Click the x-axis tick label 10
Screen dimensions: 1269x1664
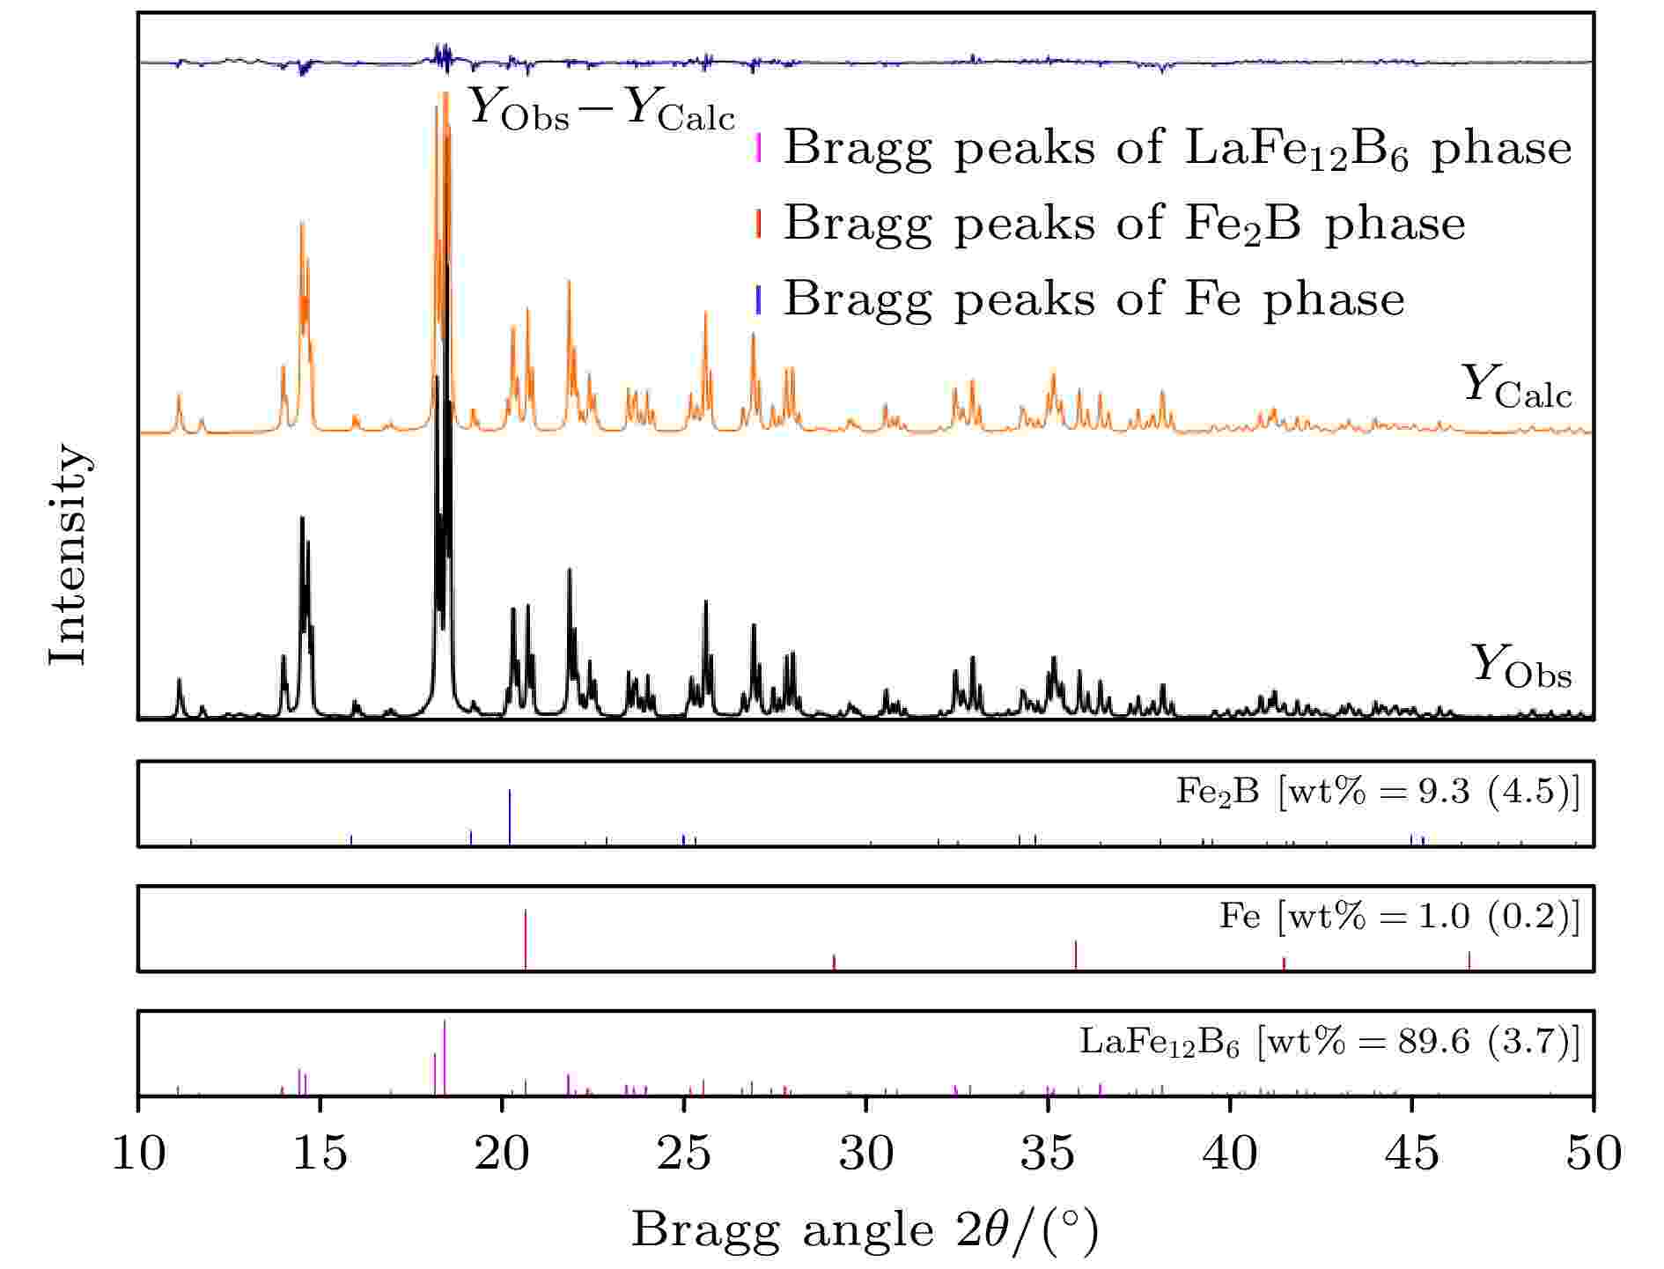point(139,1153)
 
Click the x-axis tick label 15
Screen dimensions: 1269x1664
point(320,1153)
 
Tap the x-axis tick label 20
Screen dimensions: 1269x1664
point(503,1153)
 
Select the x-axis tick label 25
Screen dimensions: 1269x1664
point(684,1153)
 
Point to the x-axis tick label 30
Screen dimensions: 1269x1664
point(866,1153)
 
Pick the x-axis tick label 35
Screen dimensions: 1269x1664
point(1048,1153)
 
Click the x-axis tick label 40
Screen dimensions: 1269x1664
point(1230,1153)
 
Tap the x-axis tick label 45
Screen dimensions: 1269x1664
point(1412,1153)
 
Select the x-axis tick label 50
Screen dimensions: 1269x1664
point(1594,1153)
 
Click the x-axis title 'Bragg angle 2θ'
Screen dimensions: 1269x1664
point(865,1230)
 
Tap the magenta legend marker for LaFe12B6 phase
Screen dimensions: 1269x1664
point(758,148)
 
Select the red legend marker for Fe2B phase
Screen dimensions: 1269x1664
point(758,224)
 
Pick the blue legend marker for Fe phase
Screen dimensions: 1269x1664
point(758,299)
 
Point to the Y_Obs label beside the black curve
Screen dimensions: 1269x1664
point(1520,667)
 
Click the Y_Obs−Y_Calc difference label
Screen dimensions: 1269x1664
point(600,109)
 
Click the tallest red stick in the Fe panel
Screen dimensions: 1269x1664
point(526,939)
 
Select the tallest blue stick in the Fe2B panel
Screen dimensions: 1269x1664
point(510,817)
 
